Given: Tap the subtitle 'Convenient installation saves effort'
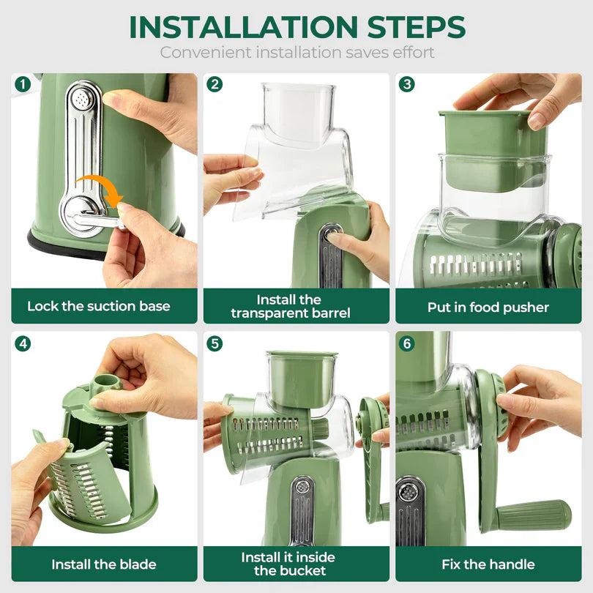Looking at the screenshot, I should tap(296, 53).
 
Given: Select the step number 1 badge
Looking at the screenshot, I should tap(22, 84).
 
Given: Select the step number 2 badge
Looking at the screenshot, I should tap(214, 84).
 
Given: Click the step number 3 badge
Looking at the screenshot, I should tap(406, 84).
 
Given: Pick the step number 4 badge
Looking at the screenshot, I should tap(22, 343).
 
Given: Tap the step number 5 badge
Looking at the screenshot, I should tap(214, 343).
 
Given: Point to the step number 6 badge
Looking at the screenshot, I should tap(406, 343).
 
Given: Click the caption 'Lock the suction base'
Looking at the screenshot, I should tap(99, 306).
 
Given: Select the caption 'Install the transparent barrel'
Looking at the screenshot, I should tap(290, 306).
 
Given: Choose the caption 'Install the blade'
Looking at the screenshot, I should tap(103, 564).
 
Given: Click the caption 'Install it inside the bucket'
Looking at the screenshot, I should tap(290, 564).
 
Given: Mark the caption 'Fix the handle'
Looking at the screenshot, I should tap(488, 564).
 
